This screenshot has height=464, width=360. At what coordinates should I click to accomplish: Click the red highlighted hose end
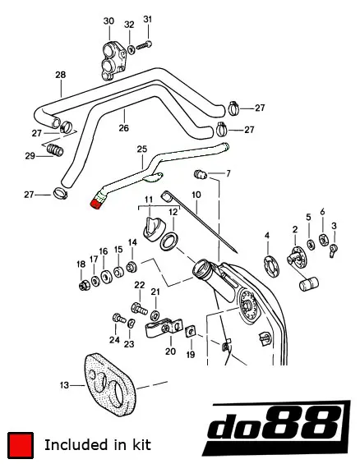(x=97, y=203)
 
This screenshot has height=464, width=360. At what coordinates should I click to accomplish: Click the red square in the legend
(x=20, y=444)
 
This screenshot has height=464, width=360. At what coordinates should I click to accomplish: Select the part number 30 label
(x=108, y=21)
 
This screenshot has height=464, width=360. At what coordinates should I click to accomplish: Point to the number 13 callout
(x=66, y=384)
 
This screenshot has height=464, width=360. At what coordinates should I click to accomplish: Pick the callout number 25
(x=141, y=149)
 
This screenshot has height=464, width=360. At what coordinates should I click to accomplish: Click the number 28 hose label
(x=60, y=75)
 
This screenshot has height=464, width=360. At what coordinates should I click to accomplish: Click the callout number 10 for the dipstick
(x=196, y=195)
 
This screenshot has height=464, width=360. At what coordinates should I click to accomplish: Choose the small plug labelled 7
(x=199, y=174)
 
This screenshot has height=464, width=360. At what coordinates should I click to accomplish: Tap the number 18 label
(x=81, y=264)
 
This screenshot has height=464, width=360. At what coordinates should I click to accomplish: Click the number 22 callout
(x=139, y=285)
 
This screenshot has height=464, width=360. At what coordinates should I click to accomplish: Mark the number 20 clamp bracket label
(x=169, y=351)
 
